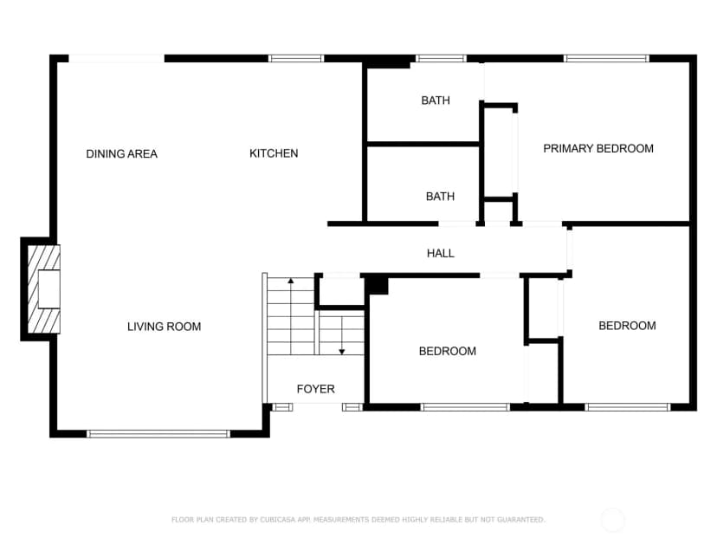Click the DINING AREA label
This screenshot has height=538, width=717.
click(121, 153)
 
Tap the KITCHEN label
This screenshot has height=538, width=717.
click(274, 153)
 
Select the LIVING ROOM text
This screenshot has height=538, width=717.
click(165, 327)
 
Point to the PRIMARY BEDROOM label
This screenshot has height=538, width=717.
click(598, 148)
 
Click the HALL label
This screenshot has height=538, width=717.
click(441, 253)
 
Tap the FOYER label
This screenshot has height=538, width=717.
click(315, 389)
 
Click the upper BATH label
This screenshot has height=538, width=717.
click(436, 100)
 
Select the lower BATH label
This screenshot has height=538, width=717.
click(440, 197)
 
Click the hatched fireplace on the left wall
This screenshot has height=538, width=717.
click(44, 289)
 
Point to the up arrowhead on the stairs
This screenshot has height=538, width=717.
click(291, 281)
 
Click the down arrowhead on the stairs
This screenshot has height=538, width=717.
click(341, 352)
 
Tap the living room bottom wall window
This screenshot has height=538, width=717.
click(158, 434)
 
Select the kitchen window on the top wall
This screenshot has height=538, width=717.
click(296, 58)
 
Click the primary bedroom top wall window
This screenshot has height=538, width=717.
click(606, 58)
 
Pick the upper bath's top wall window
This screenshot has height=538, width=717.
click(441, 58)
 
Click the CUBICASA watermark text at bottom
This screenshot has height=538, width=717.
click(358, 519)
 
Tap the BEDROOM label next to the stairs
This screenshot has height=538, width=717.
click(447, 351)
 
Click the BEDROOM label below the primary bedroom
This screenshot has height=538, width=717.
click(627, 326)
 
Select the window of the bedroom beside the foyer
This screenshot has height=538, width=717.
click(465, 407)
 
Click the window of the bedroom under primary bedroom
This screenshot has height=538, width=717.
click(627, 407)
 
